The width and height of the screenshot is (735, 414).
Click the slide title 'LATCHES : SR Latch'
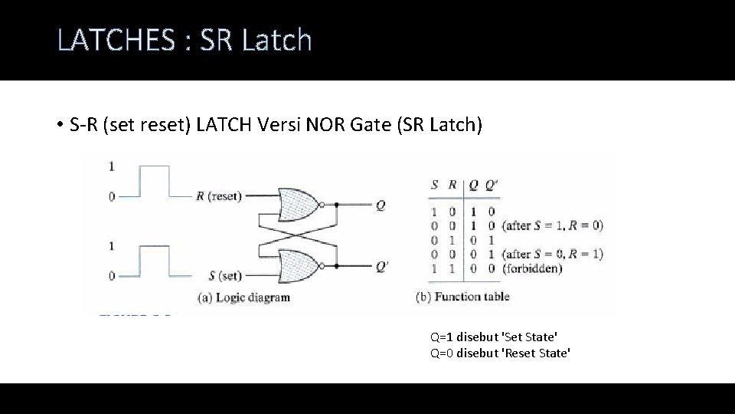(x=185, y=40)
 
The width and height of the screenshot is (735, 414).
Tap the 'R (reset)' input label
(x=218, y=196)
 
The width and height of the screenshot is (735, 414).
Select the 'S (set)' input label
(x=225, y=275)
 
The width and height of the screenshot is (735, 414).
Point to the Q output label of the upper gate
(x=381, y=205)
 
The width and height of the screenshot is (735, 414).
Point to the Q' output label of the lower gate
(x=382, y=267)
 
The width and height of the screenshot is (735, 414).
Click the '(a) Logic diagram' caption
(x=244, y=297)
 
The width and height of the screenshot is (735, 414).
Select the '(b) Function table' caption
(x=462, y=297)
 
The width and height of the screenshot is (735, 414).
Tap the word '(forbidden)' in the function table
(x=532, y=268)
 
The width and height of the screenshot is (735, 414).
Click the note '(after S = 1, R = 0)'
(x=552, y=225)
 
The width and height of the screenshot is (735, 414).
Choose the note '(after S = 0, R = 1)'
(x=552, y=254)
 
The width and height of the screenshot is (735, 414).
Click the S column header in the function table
(x=435, y=185)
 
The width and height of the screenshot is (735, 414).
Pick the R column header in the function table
(x=452, y=185)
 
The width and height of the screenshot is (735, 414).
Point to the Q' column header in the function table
(x=490, y=185)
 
